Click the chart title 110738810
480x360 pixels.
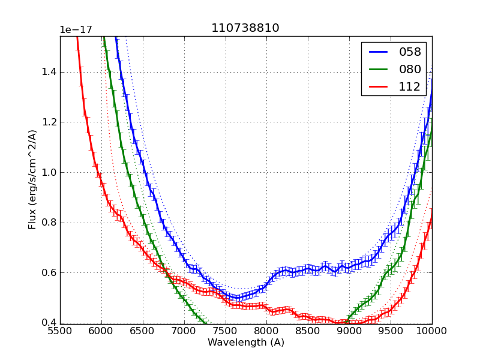pos(245,28)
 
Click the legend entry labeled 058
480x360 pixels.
pos(410,52)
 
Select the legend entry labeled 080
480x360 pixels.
pos(410,69)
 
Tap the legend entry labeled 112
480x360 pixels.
pos(410,86)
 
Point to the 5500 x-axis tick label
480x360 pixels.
pos(60,331)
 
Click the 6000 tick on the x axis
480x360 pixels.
pos(101,331)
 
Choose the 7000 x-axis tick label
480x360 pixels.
pos(184,331)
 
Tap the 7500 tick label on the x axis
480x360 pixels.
pos(226,331)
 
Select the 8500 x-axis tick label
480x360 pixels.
pos(308,331)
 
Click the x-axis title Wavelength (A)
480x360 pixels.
pos(246,343)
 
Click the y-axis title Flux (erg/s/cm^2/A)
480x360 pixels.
pos(32,180)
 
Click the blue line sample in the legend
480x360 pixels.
pos(378,52)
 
